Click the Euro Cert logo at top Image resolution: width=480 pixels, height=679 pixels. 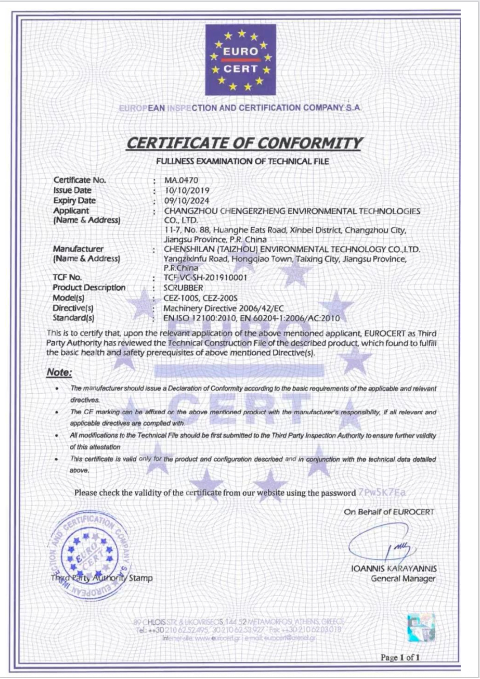[240, 60]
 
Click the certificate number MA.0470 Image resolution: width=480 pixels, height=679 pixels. [181, 180]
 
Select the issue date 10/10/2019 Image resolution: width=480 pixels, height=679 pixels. [187, 190]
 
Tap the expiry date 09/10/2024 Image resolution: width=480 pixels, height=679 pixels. [187, 201]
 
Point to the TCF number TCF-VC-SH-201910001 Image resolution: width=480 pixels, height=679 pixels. [205, 278]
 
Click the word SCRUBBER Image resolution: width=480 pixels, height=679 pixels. [183, 287]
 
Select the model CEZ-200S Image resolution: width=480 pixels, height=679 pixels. [220, 298]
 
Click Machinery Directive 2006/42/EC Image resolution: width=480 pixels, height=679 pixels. [224, 308]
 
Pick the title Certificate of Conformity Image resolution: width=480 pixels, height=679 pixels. [243, 143]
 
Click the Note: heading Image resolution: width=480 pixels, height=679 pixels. [59, 372]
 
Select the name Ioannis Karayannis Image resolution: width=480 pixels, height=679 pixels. [394, 568]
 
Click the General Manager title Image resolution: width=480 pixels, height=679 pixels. [403, 579]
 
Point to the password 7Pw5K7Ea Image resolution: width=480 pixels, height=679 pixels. [382, 492]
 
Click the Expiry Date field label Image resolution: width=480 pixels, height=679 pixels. [74, 201]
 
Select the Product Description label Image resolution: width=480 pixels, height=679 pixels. [89, 287]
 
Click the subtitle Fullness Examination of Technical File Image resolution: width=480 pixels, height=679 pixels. [242, 161]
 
